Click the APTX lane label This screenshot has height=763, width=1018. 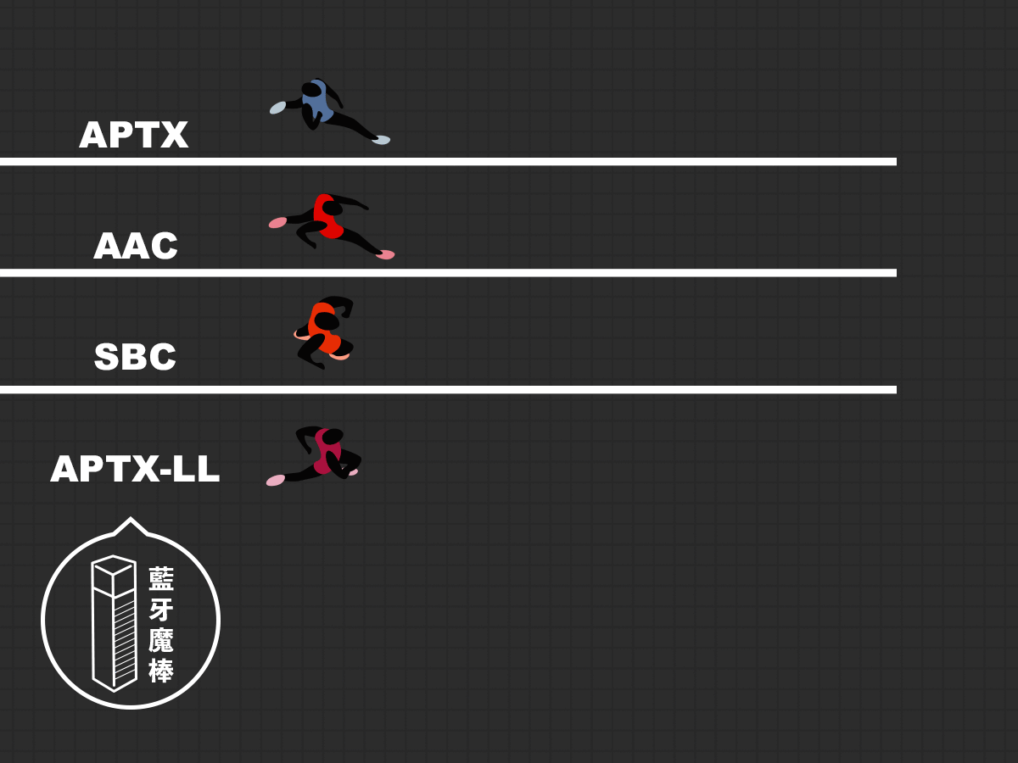(x=133, y=135)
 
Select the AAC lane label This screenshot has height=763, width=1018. (x=136, y=246)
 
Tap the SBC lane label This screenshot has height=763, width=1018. (x=135, y=357)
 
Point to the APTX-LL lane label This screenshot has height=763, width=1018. (x=135, y=468)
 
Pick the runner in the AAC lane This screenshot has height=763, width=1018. (x=328, y=225)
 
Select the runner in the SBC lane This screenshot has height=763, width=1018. (x=324, y=331)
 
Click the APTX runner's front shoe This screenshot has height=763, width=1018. (x=381, y=139)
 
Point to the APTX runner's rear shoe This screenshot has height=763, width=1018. (x=277, y=108)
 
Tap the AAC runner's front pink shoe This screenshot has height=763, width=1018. (x=385, y=254)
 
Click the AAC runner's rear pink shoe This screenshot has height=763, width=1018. (x=277, y=222)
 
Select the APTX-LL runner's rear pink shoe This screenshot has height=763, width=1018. (x=275, y=480)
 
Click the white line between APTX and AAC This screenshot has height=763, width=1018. (x=448, y=162)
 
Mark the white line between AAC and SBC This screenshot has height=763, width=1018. (x=448, y=273)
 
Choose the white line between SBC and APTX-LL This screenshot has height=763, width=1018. (x=448, y=390)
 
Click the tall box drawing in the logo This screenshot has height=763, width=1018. (x=114, y=624)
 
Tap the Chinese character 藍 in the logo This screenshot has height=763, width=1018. (x=161, y=579)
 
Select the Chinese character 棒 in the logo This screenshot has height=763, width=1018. (x=161, y=670)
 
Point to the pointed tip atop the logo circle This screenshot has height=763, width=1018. (x=131, y=518)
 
